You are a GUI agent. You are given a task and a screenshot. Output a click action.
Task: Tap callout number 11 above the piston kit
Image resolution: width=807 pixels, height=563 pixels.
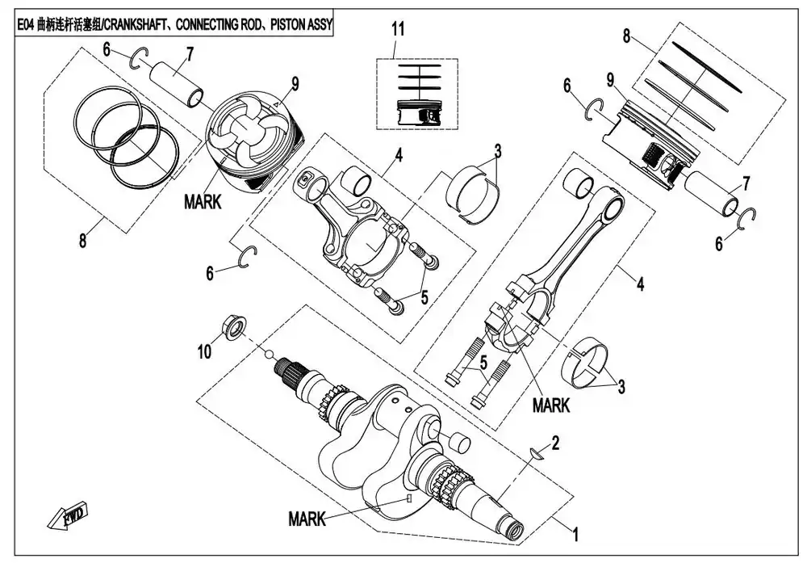coord(398,29)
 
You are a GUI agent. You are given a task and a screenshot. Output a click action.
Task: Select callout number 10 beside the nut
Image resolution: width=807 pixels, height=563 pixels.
coord(204,352)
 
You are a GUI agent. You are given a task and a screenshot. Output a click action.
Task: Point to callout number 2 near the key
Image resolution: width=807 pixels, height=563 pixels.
coord(555,443)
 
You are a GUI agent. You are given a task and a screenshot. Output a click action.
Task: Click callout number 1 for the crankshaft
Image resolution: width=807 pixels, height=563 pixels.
coord(576,534)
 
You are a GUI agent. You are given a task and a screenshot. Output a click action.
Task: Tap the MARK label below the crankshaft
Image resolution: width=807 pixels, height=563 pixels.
coord(307,519)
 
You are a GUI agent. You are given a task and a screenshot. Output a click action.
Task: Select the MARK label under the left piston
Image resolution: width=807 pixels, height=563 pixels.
coord(203,202)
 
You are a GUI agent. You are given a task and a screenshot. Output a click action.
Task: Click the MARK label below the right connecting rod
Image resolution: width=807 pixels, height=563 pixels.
coord(551,405)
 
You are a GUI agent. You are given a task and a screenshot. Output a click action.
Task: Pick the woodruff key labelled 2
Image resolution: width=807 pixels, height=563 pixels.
coord(537,453)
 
